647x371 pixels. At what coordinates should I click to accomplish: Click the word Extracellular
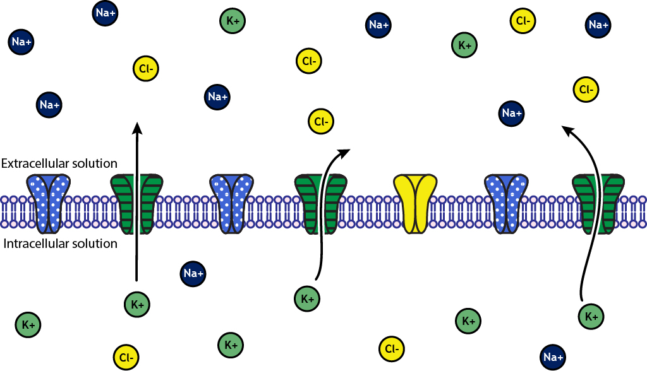[x=34, y=164]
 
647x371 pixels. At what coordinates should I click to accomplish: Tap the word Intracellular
[x=32, y=244]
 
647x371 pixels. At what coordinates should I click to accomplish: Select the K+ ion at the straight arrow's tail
[x=137, y=304]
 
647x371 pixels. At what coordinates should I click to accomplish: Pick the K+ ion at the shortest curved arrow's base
[x=308, y=298]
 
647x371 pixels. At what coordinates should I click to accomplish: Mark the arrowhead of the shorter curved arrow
[x=346, y=151]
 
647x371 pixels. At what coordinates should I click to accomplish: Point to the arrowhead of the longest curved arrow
[x=565, y=129]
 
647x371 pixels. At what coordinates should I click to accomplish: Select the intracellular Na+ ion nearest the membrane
[x=193, y=273]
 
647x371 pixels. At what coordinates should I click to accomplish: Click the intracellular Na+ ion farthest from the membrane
[x=553, y=358]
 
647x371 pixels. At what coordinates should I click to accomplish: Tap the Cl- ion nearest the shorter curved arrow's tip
[x=320, y=121]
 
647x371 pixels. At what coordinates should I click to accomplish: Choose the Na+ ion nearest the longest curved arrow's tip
[x=511, y=113]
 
